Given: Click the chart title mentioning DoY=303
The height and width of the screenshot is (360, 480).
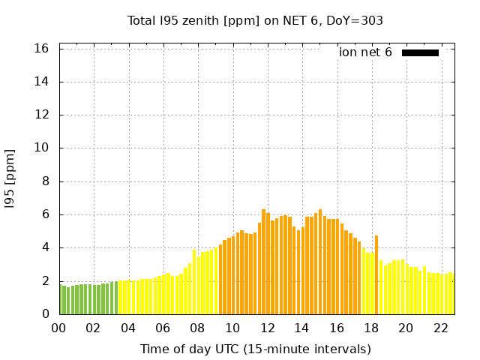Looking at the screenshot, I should pos(255,21).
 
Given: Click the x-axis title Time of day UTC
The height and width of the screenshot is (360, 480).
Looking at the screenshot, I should pos(255,349).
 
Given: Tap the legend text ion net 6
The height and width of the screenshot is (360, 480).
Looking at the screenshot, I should pos(365,52).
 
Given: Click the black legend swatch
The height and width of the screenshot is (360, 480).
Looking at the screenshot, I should pos(420,52).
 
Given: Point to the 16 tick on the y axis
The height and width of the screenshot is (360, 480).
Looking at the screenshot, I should pos(42,49).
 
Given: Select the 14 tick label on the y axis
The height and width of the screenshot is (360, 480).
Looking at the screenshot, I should pos(42,82).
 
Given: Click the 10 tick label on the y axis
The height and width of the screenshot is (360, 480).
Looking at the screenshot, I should pos(42,148).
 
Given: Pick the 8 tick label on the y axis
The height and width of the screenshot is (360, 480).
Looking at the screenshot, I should pos(45,181).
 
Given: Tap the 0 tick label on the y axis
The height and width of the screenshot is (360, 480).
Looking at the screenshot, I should pos(45,314).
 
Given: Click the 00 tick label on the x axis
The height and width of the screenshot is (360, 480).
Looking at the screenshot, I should pos(58,328).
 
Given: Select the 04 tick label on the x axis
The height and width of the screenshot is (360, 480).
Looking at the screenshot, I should pos(127,328).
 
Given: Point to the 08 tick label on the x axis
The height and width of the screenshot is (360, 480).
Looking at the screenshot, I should pos(197,328).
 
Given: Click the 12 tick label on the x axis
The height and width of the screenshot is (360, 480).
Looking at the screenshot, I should pos(267,328).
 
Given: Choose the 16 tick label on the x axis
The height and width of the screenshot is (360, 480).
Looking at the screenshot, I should pos(336,328).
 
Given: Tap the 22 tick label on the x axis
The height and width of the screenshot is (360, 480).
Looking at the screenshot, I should pos(440,328).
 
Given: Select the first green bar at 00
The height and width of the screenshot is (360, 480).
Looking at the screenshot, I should pos(61,299).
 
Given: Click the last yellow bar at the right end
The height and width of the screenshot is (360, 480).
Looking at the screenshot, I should pos(451,294).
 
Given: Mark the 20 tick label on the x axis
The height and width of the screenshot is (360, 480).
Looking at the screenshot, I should pos(406,328).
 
